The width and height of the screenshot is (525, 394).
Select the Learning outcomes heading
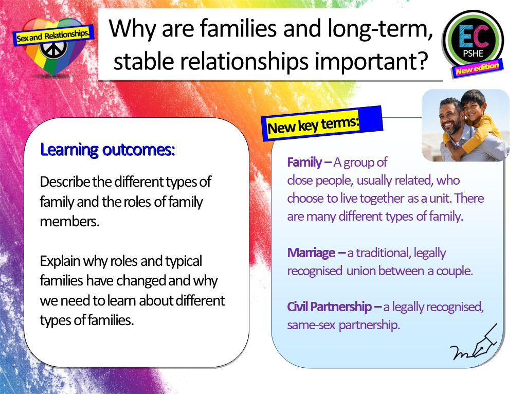pos(107,150)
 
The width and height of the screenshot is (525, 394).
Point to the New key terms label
pos(313,125)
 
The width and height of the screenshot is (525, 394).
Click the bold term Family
pos(305,163)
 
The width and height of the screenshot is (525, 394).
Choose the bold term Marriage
pos(311,253)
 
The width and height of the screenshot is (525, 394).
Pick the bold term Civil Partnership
pos(329,307)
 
